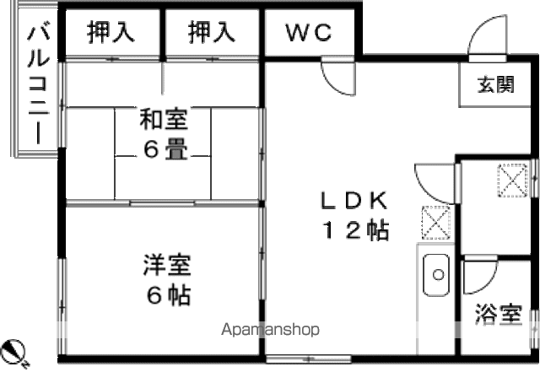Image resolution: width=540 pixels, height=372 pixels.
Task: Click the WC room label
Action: point(309,32)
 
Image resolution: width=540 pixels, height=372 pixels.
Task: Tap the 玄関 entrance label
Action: point(495,84)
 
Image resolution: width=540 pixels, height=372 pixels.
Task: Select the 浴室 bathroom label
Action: point(499,314)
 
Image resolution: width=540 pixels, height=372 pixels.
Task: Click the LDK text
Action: point(354,201)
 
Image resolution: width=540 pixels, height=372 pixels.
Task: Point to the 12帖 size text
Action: point(355,229)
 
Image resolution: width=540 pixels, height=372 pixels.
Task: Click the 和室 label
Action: point(163,119)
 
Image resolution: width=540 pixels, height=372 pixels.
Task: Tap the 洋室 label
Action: point(167,265)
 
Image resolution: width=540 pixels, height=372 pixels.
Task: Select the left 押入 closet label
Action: point(111,32)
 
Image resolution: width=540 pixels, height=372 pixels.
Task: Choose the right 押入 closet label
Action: point(212,32)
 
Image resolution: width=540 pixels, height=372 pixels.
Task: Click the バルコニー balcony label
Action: point(38,83)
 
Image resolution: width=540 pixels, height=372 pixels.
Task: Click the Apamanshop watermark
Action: point(270,330)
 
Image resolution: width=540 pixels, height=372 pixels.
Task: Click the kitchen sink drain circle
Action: point(439,274)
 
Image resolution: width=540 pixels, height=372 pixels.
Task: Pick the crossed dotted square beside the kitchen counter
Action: point(436,223)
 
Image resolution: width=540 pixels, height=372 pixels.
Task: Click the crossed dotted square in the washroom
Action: point(513,181)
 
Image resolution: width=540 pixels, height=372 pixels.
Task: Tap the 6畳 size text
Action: point(165,150)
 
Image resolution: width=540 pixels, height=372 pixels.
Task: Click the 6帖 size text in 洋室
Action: point(169,295)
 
